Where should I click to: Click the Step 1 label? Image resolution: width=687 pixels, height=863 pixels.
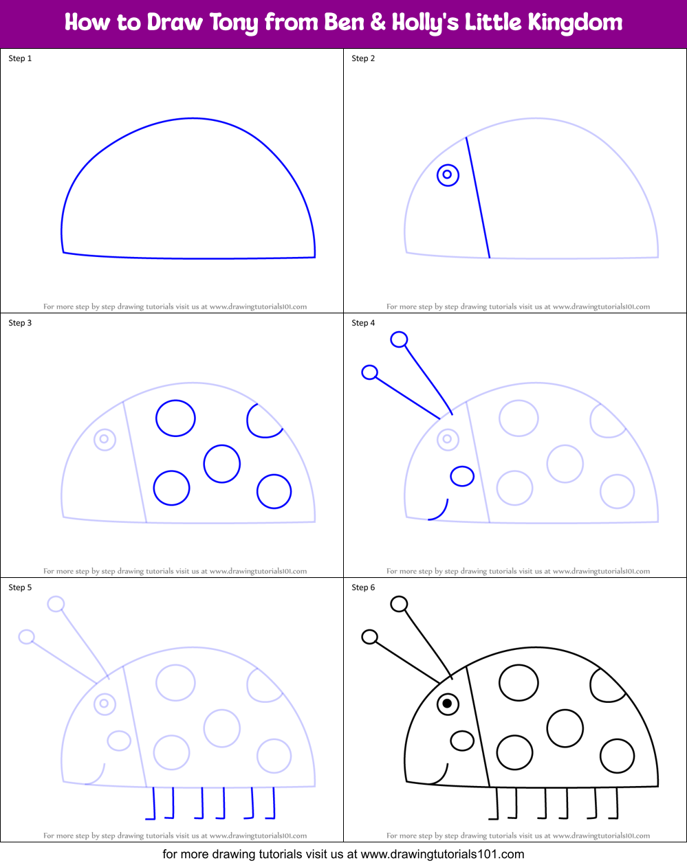(20, 58)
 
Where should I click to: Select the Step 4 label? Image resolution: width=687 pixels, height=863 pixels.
(363, 323)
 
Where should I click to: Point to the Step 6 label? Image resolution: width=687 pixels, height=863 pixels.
(363, 587)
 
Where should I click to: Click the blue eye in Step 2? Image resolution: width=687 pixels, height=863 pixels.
(448, 175)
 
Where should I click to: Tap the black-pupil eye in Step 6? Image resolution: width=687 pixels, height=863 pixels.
(448, 704)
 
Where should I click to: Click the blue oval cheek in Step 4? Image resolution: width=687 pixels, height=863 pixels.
(462, 476)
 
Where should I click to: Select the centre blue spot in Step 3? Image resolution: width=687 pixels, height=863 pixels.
(222, 463)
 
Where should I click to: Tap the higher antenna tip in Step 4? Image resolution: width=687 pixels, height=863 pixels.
(399, 339)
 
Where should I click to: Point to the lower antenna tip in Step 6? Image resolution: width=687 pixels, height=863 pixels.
(369, 637)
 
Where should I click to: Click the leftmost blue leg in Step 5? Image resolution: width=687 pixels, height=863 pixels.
(152, 804)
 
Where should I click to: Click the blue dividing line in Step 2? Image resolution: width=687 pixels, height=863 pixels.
(478, 198)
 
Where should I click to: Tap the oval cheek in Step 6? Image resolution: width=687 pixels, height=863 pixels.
(462, 741)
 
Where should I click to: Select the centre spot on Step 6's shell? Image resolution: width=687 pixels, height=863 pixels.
(565, 728)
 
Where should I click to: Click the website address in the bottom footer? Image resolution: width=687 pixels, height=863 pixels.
(442, 855)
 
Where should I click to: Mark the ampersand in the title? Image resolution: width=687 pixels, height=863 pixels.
(378, 23)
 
